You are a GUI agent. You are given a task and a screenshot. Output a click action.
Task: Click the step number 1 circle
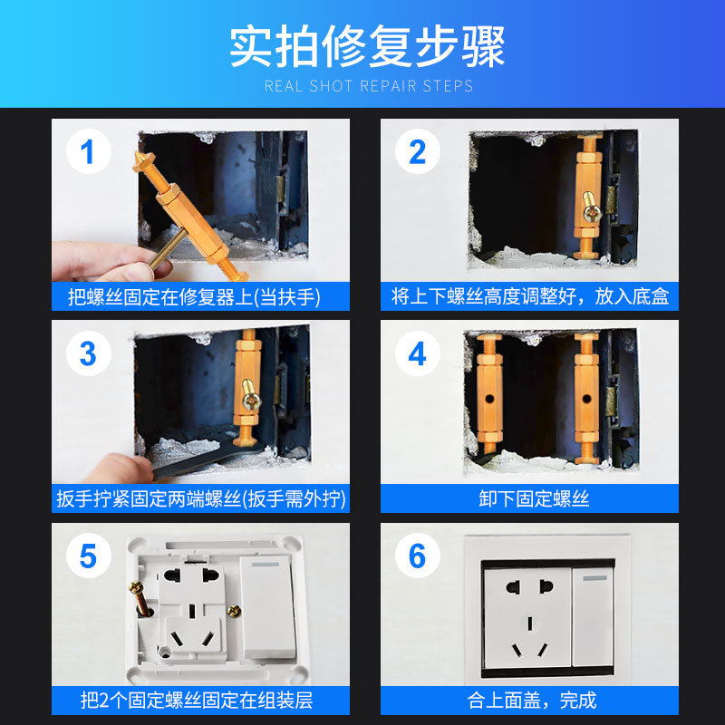(x=88, y=151)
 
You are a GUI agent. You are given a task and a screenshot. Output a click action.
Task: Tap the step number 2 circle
(x=418, y=151)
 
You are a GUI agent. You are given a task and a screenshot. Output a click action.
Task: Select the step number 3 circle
(x=88, y=353)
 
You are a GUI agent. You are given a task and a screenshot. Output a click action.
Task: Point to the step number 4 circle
(x=418, y=353)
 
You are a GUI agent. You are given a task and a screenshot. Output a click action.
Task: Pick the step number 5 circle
(x=88, y=556)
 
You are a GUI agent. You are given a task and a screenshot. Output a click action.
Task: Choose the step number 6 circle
(x=418, y=556)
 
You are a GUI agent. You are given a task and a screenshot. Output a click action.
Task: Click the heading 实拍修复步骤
(x=367, y=46)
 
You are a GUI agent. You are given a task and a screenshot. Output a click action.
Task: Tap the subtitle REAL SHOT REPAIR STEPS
(x=369, y=86)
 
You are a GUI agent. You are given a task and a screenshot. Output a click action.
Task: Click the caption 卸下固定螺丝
(x=534, y=498)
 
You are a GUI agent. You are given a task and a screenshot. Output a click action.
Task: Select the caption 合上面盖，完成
(x=532, y=701)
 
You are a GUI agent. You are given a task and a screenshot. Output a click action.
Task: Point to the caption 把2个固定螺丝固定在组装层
(x=197, y=701)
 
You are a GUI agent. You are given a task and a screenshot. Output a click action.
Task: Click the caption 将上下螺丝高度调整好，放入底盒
(x=530, y=296)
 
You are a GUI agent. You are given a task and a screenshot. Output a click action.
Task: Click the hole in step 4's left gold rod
(x=488, y=398)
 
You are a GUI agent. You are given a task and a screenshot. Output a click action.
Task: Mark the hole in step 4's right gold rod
(x=586, y=398)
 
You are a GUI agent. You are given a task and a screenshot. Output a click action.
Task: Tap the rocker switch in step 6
(x=594, y=616)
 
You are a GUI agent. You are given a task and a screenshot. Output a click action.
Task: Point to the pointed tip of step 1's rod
(x=138, y=153)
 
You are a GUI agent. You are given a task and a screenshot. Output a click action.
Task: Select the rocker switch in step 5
(x=267, y=606)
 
